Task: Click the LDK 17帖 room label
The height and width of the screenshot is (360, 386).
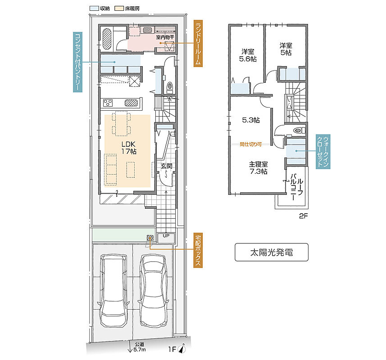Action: (x=128, y=148)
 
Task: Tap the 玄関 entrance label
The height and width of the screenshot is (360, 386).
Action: (x=166, y=166)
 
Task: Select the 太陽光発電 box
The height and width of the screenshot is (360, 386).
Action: (x=272, y=252)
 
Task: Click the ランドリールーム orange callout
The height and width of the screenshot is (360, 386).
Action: (x=198, y=44)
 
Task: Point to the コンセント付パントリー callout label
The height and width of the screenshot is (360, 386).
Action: (x=77, y=62)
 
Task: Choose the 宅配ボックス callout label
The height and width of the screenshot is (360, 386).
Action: (x=198, y=250)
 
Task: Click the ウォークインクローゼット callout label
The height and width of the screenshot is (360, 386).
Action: (x=323, y=152)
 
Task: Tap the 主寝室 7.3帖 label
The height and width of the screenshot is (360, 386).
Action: (x=258, y=168)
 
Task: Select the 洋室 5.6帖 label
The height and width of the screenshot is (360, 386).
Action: (x=248, y=55)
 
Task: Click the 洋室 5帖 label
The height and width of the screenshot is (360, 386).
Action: (x=286, y=49)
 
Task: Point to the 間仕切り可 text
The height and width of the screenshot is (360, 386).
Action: (x=250, y=144)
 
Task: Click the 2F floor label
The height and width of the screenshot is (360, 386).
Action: (x=303, y=216)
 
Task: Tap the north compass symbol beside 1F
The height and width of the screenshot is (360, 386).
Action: (x=182, y=348)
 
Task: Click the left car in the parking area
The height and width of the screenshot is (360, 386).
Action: (x=114, y=290)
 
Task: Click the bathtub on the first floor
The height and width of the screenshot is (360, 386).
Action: (x=107, y=39)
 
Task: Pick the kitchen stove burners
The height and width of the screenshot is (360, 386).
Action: (x=108, y=103)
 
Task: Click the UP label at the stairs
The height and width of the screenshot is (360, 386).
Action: (x=166, y=235)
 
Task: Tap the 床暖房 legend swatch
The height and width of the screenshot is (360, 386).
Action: (x=120, y=9)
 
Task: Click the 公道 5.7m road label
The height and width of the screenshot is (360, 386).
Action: (x=139, y=347)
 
